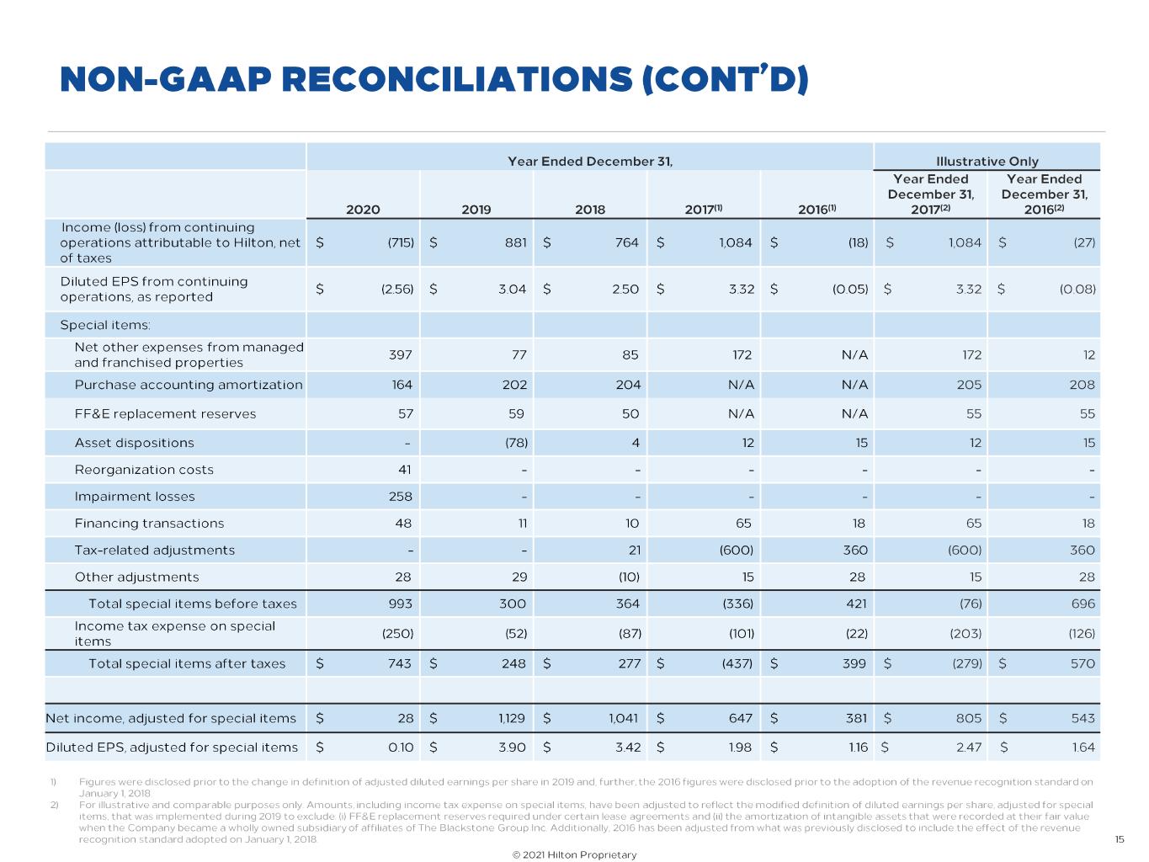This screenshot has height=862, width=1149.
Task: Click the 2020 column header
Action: click(363, 210)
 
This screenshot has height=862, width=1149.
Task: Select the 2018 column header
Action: click(590, 210)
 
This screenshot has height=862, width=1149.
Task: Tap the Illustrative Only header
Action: click(987, 162)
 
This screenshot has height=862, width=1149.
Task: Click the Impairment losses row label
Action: click(135, 497)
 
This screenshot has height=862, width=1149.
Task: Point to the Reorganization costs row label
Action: click(144, 470)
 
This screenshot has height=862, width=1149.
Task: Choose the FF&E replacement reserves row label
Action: click(165, 414)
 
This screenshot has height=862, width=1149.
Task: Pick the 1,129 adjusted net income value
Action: click(511, 719)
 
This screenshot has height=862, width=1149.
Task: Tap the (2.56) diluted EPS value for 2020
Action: click(397, 289)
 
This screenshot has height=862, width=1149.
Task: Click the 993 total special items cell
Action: click(400, 604)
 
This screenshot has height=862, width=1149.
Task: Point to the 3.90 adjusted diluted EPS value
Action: click(513, 748)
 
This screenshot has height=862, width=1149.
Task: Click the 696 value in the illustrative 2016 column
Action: click(1083, 604)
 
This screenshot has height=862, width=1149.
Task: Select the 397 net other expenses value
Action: click(400, 355)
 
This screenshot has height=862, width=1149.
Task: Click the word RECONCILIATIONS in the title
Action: click(455, 79)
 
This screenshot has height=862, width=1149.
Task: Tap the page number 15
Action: click(1120, 839)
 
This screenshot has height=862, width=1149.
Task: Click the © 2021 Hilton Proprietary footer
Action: click(574, 854)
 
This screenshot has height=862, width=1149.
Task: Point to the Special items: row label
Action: click(105, 325)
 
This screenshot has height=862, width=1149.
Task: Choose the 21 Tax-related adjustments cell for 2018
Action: click(633, 551)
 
